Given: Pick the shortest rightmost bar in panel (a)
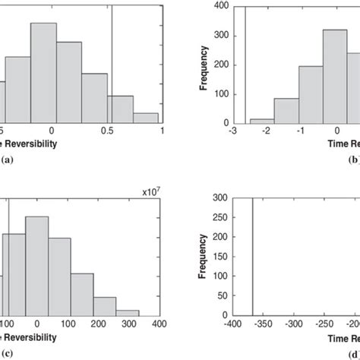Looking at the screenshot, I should [x=146, y=118].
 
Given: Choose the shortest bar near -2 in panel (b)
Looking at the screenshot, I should [x=262, y=121].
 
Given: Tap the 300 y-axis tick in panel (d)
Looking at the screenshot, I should [x=226, y=197].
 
